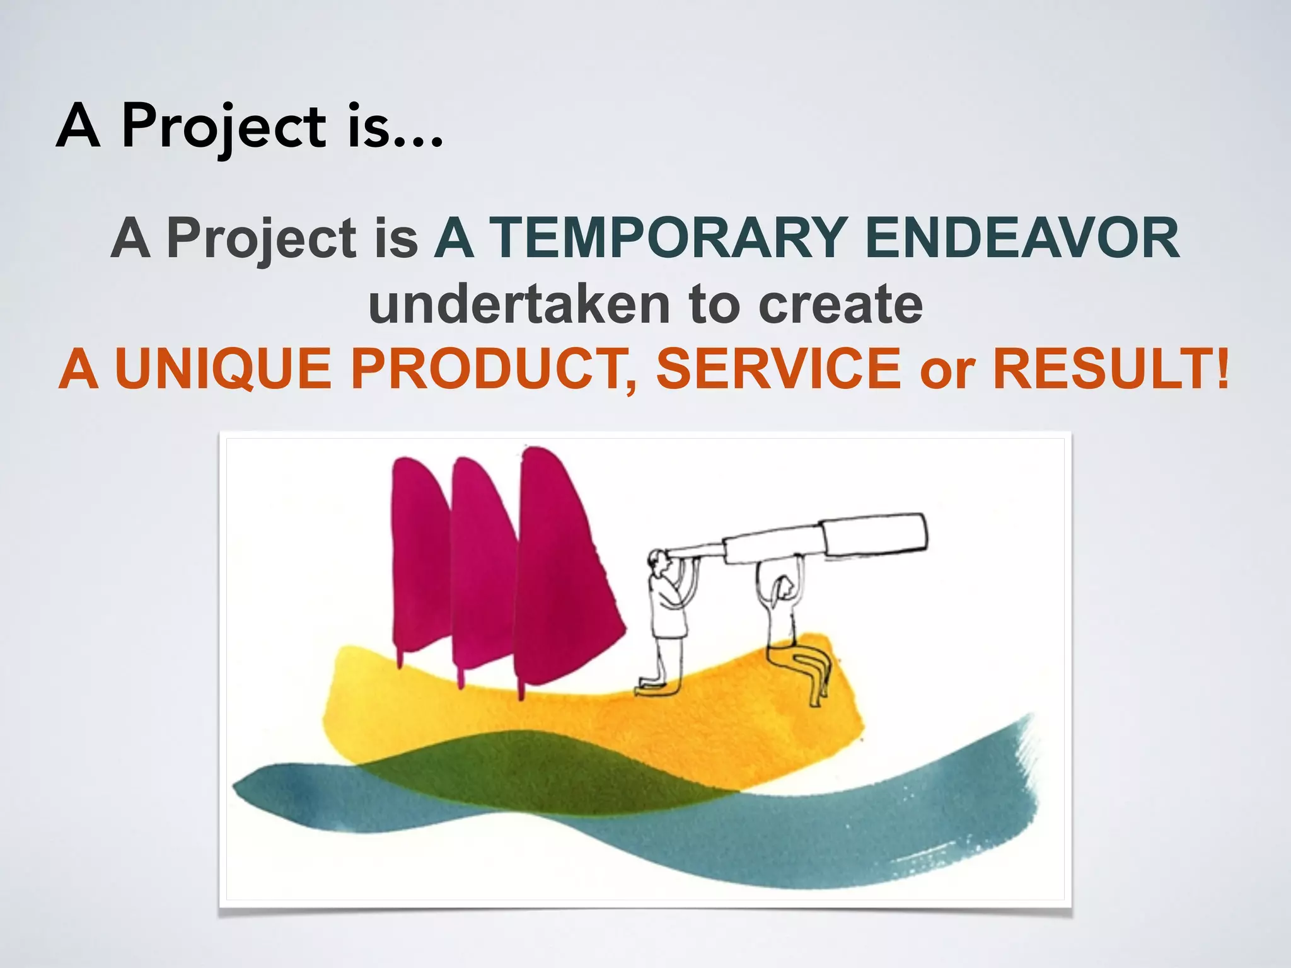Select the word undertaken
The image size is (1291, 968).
(519, 305)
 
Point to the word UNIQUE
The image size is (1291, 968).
(223, 369)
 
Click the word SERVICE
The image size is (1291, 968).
(779, 369)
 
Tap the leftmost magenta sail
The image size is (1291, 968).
(419, 561)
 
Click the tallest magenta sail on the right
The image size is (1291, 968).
(561, 567)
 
